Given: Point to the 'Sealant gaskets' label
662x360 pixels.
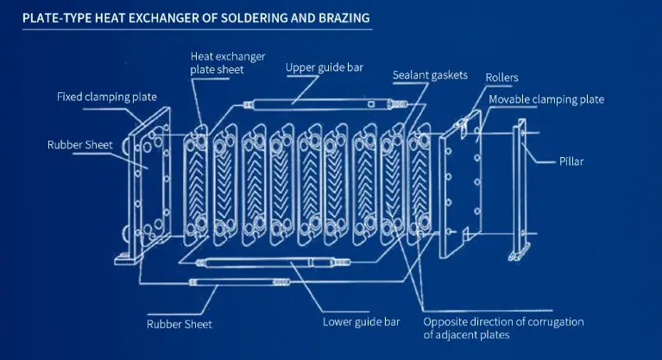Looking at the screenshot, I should [430, 75].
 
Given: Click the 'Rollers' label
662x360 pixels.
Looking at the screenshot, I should [501, 78].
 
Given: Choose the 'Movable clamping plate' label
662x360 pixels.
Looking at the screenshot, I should [546, 100].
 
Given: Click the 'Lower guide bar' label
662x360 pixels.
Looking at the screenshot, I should [361, 323].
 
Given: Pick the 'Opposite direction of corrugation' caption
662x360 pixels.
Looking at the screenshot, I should [503, 328].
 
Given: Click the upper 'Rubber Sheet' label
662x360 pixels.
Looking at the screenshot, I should [79, 144].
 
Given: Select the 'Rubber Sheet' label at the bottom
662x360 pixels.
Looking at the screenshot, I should [179, 325].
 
